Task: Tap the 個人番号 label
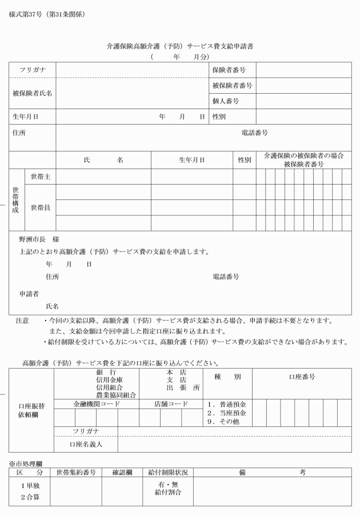[x=225, y=101]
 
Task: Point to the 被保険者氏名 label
[x=33, y=93]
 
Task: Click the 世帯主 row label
[x=40, y=177]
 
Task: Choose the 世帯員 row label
[x=40, y=207]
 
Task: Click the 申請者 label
[x=29, y=294]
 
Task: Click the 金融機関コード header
[x=97, y=403]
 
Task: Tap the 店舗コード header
[x=171, y=403]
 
